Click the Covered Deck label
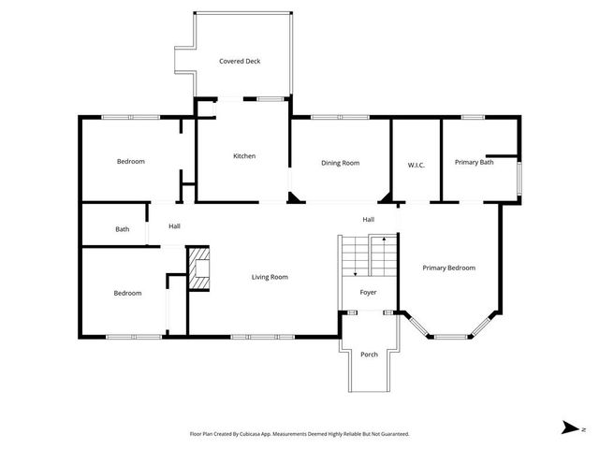click(240, 62)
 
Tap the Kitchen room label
click(244, 156)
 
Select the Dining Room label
click(341, 163)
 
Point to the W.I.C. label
click(416, 166)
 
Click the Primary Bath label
click(474, 163)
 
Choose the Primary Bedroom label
click(448, 268)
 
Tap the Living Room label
click(270, 277)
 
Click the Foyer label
click(368, 292)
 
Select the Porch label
click(369, 355)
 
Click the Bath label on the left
click(122, 229)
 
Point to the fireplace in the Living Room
click(199, 269)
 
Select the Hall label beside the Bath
click(174, 226)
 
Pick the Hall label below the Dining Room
click(369, 220)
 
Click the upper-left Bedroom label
click(130, 162)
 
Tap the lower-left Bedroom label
click(127, 293)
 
